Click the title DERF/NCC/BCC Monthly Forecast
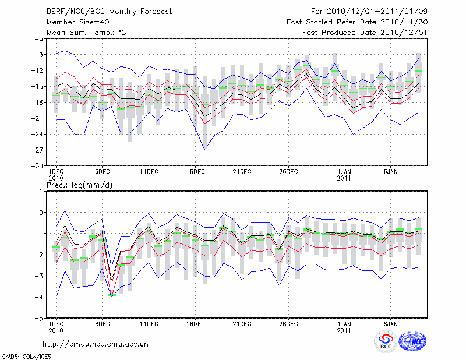109,12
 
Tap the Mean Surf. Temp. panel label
86,33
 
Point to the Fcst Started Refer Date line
357,22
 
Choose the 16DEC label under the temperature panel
195,172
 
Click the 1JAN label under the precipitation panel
344,324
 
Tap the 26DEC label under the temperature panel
288,172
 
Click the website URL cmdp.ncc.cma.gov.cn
96,344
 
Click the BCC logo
386,341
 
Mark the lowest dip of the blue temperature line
204,149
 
